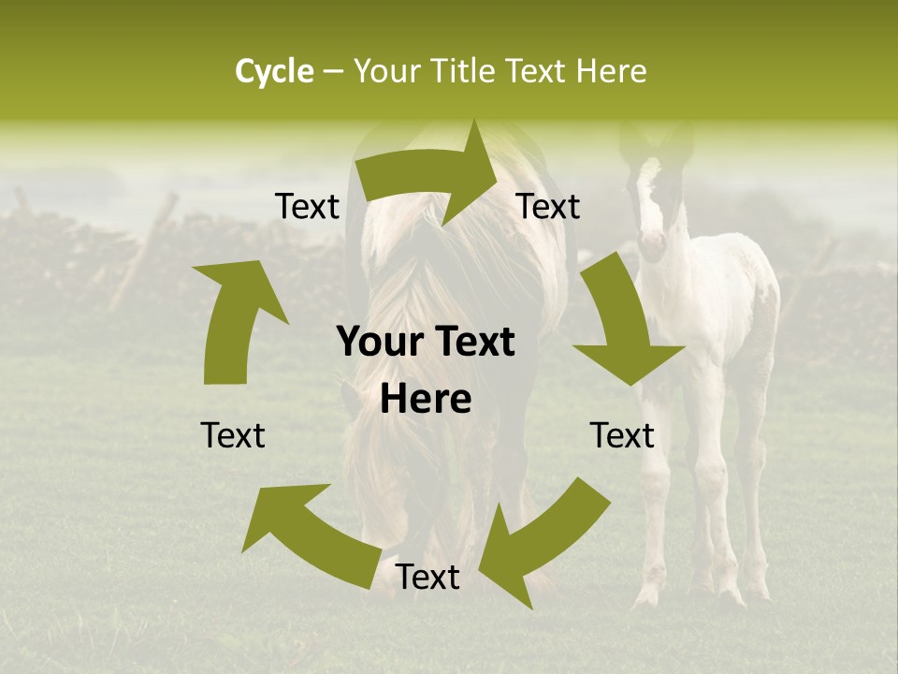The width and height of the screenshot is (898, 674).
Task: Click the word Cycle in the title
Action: (x=274, y=71)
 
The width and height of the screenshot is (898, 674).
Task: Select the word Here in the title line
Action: (x=611, y=71)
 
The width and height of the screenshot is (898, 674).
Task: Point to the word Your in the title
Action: (x=386, y=71)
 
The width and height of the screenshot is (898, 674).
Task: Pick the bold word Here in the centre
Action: (x=426, y=400)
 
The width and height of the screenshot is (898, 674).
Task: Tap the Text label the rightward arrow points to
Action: (x=548, y=206)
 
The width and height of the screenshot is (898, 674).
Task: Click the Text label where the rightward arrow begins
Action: (x=308, y=206)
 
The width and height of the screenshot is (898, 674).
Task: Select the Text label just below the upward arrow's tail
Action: (x=233, y=435)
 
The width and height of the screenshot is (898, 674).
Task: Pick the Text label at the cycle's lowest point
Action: (x=427, y=578)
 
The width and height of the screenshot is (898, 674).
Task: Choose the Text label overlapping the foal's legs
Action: (x=622, y=435)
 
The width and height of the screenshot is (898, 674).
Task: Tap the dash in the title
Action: (x=334, y=72)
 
